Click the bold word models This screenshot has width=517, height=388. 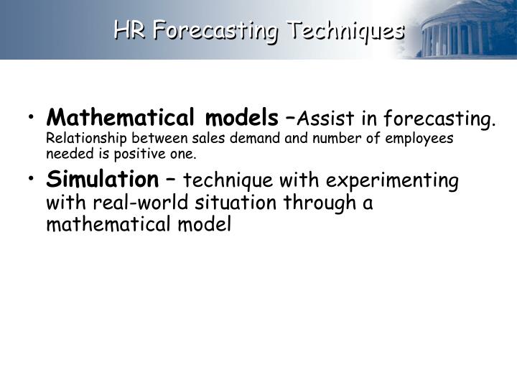(242, 117)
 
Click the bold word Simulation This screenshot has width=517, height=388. (103, 179)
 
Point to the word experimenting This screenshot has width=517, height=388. (396, 180)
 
